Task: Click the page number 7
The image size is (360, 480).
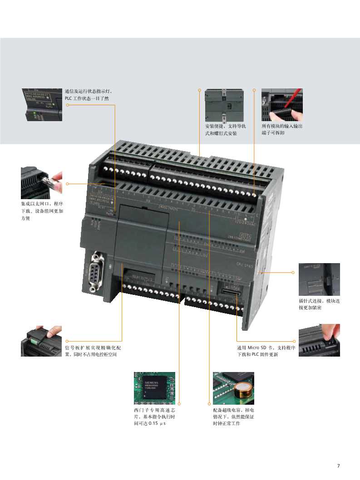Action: tap(338, 465)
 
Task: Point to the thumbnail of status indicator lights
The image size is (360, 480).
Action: tap(41, 104)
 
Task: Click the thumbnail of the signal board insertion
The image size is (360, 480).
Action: tap(41, 340)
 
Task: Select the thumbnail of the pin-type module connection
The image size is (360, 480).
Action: tap(319, 279)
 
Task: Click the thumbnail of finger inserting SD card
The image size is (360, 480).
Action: tap(319, 340)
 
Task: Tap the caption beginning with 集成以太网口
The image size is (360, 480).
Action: tap(42, 211)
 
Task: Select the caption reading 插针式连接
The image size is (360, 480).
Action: tap(319, 304)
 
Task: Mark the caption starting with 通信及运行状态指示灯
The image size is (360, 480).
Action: tap(90, 95)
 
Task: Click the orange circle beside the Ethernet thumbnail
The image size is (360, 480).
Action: tap(67, 184)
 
